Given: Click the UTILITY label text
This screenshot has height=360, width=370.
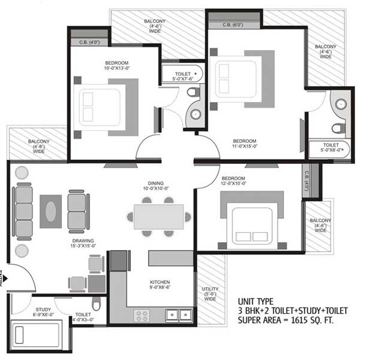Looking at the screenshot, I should tap(210, 288).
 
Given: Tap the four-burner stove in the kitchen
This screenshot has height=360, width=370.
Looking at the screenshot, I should tap(142, 315).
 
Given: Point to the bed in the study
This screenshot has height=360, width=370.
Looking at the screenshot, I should tap(36, 334).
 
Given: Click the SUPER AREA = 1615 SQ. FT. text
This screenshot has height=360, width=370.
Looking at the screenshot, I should tap(286, 319).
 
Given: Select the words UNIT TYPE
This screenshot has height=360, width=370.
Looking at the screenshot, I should tap(256, 301).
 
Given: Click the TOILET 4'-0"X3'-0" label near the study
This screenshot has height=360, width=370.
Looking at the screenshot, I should tap(81, 318).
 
